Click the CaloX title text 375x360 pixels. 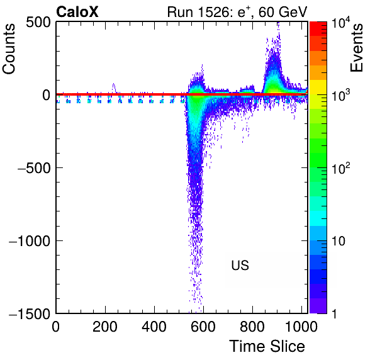tap(77, 12)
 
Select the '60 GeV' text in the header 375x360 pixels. tap(283, 12)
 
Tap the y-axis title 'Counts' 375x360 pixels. tap(9, 49)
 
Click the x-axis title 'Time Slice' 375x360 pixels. tap(267, 346)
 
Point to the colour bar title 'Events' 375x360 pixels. tap(357, 48)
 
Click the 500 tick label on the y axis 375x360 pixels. tap(38, 23)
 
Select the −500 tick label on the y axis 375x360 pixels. tap(34, 167)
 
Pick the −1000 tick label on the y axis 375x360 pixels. tap(30, 240)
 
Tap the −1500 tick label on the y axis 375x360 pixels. tap(30, 313)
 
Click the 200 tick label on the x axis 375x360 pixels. tap(105, 327)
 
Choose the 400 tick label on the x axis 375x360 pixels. tap(154, 327)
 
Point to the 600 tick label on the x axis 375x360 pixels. tap(203, 327)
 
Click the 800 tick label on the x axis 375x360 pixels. tap(252, 327)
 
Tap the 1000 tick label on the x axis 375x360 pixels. tap(301, 327)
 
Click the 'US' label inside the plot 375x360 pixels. tap(240, 265)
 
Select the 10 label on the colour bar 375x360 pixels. tap(339, 241)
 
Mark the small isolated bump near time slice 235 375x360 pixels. tap(114, 87)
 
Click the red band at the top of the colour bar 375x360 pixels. tap(318, 29)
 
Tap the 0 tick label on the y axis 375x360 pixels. tap(47, 95)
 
